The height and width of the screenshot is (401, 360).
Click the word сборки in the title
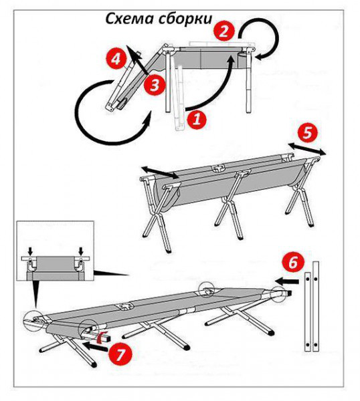pyautogui.click(x=185, y=19)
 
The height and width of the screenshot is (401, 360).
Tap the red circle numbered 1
pyautogui.click(x=196, y=119)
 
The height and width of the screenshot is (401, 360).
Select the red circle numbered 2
pyautogui.click(x=224, y=31)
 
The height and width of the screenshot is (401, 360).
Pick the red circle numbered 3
pyautogui.click(x=154, y=85)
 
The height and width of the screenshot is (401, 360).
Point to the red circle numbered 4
pyautogui.click(x=116, y=59)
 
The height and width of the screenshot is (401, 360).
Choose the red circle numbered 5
pyautogui.click(x=307, y=133)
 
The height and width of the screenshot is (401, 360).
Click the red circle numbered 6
pyautogui.click(x=293, y=263)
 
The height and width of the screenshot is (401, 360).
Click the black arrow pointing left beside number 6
pyautogui.click(x=287, y=281)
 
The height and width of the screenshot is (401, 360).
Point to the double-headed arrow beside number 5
pyautogui.click(x=307, y=149)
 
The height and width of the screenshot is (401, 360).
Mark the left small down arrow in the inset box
pyautogui.click(x=31, y=251)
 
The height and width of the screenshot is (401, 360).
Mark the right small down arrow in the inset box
pyautogui.click(x=81, y=251)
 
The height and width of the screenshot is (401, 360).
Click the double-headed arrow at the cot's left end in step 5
pyautogui.click(x=160, y=172)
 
